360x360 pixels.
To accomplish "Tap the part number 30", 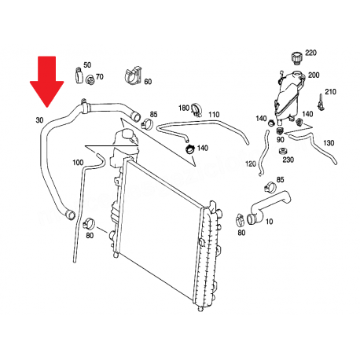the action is pos(39,120).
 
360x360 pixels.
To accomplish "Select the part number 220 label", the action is pos(311,53).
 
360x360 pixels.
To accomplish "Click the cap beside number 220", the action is pos(297,58).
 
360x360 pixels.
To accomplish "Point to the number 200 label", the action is pos(314,75).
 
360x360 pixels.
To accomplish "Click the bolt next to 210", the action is pos(320,102).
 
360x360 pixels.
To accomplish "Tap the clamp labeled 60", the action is pos(133,75).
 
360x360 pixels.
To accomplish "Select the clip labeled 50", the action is pos(79,75).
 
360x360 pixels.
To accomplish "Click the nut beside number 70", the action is pos(90,79).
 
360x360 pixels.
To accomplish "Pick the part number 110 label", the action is pos(214,115).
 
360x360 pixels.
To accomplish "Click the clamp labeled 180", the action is pos(197,109).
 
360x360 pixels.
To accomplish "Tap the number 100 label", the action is pos(78,163).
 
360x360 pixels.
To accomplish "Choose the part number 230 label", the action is pos(288,160).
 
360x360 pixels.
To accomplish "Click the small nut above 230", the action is pos(283,152).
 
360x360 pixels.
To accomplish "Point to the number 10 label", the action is pos(269,222).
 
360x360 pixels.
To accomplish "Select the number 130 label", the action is pos(329,143).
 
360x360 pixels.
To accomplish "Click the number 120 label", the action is pos(250,164).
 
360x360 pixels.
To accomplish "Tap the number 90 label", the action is pos(280,140).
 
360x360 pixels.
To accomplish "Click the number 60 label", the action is pos(148,82).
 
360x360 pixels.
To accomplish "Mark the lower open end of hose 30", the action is pos(70,215).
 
